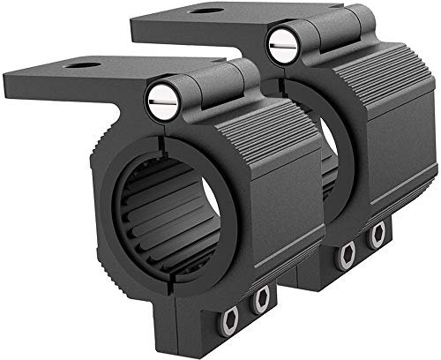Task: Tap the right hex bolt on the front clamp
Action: [260, 302]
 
